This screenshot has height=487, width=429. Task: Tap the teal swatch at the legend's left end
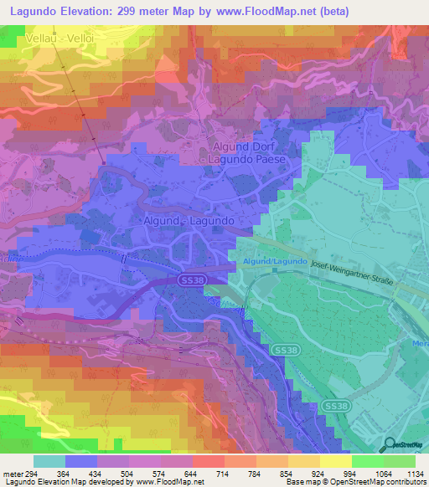(49, 461)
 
